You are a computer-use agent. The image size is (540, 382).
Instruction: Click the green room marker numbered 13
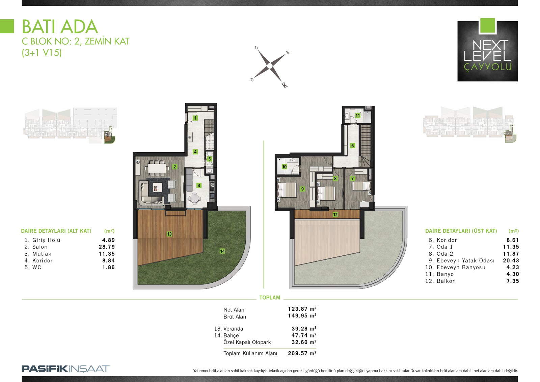coord(169,234)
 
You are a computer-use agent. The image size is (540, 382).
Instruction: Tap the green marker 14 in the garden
coord(222,251)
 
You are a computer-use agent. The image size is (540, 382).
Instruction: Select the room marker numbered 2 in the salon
coord(174,167)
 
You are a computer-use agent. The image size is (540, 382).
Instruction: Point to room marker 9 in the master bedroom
coord(302,189)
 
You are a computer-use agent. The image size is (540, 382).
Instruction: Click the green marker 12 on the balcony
coord(335,214)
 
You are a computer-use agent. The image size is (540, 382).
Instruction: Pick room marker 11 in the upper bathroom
coord(357,116)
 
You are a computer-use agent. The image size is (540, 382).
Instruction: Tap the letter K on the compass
coord(285,85)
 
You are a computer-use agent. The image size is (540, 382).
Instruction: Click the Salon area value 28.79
coord(107,247)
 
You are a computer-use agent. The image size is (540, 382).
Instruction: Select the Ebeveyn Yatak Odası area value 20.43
coord(511,261)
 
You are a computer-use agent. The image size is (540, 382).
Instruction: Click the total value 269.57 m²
coord(302,353)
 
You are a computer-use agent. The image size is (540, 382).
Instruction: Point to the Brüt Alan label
coord(235,316)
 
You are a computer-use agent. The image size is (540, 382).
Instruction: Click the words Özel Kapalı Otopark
coord(247,342)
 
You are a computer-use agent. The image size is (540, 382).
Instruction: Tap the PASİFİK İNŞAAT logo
coord(65,369)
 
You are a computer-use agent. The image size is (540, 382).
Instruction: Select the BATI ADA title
coord(60,27)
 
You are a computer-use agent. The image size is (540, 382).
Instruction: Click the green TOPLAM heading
coord(270,298)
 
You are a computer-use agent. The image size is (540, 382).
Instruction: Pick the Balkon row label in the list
coord(446,281)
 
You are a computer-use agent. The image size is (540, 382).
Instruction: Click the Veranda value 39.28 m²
coord(304,329)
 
